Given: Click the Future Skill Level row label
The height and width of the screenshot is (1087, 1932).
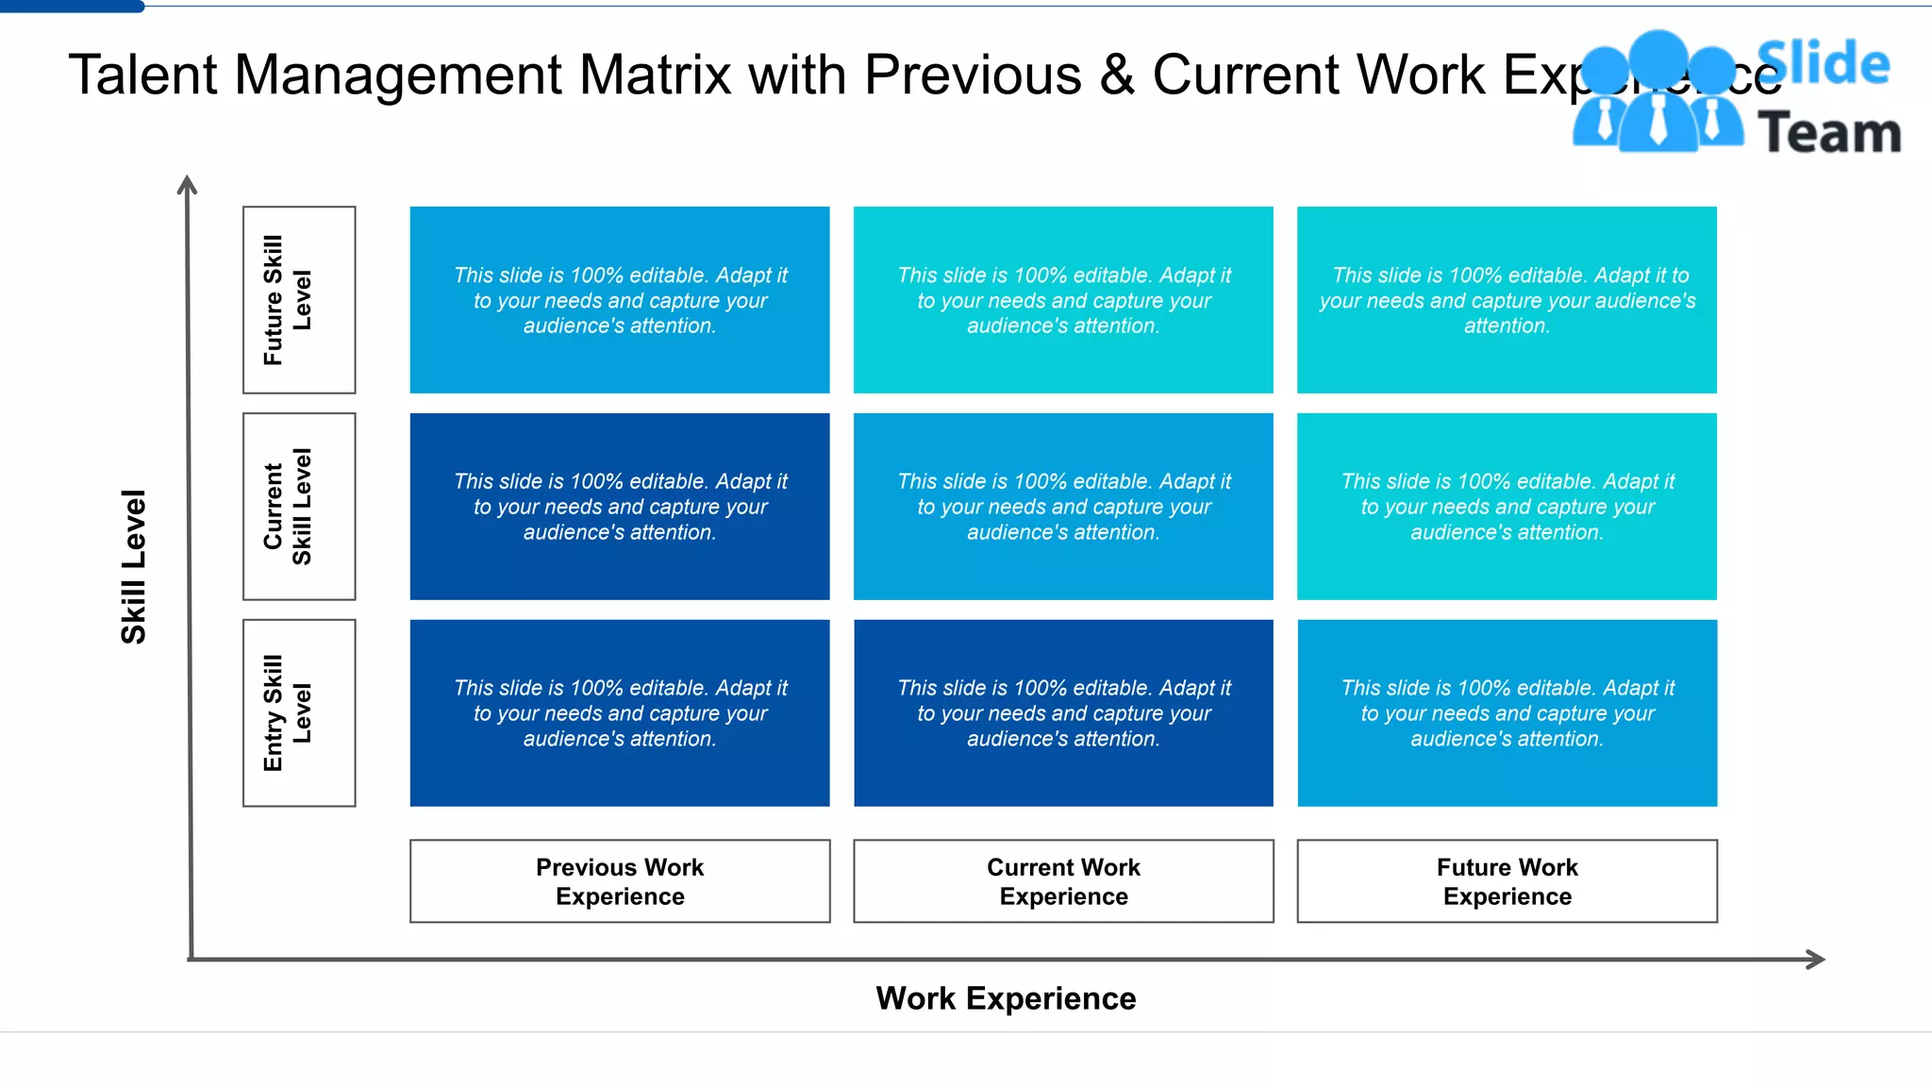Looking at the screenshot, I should coord(298,300).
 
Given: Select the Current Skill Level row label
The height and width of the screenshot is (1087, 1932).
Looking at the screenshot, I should coord(298,507).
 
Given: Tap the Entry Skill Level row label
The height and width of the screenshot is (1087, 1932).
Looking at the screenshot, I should coord(298,713).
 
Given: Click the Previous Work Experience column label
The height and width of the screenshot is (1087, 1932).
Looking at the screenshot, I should coord(620,881).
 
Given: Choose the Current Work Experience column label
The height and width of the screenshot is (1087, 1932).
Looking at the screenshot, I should coord(1063,881).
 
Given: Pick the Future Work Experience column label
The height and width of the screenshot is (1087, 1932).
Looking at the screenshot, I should coord(1507,881).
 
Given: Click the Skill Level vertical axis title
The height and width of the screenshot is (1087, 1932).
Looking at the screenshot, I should coord(133,566).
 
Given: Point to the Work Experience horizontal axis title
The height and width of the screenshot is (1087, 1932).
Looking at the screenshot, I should coord(1006,998).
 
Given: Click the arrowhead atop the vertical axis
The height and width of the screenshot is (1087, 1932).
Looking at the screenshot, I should coord(187,184).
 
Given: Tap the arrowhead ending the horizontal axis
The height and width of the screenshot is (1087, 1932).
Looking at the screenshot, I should coord(1816,960).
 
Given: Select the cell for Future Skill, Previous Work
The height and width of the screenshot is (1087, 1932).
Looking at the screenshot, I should coord(620,300).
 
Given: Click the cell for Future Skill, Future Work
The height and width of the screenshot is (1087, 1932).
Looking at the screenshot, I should coord(1507,300).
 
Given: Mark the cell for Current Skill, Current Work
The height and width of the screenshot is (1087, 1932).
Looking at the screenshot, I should coord(1063,507).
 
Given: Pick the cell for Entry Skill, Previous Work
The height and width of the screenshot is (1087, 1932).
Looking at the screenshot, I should coord(620,713).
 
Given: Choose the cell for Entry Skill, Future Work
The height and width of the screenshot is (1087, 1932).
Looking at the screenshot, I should coord(1507,713).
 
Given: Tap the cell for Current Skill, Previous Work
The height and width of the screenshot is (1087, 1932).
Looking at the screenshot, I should coord(620,507).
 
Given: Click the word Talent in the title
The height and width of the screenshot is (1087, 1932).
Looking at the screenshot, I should coord(142,75).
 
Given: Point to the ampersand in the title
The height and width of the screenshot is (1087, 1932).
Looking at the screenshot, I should coord(1117,75).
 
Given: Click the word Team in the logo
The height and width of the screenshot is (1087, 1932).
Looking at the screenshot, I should coord(1829,132).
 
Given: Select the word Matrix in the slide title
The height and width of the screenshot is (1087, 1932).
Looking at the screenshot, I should coord(655,75).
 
